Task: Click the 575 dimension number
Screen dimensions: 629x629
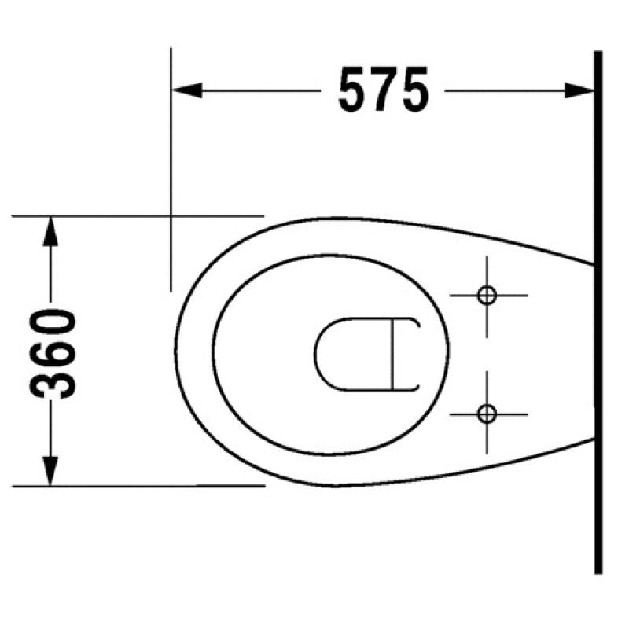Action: (384, 90)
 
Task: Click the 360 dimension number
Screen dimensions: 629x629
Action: (53, 354)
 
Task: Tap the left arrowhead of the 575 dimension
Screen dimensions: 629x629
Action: (186, 90)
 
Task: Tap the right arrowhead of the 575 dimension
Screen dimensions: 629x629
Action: (579, 90)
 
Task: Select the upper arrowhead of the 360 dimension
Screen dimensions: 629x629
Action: (50, 231)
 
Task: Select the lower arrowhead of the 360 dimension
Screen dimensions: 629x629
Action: (50, 471)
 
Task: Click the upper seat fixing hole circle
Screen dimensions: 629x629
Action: (487, 296)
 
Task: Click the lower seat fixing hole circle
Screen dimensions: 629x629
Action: (487, 414)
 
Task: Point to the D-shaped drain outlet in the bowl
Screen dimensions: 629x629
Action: (315, 355)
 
